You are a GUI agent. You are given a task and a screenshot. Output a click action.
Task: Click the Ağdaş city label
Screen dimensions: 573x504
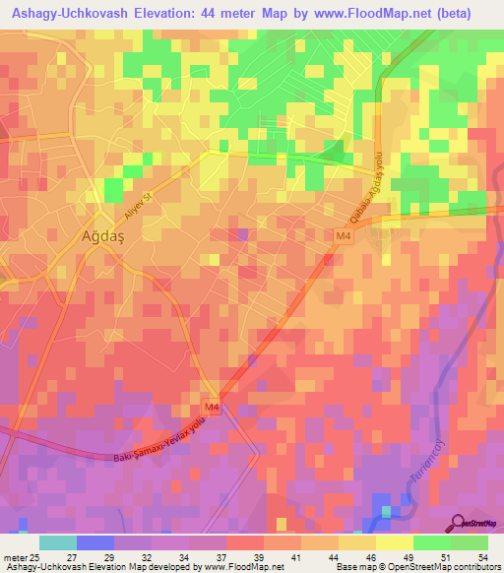(x=101, y=236)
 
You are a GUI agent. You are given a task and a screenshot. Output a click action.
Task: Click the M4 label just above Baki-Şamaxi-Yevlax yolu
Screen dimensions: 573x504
(x=212, y=407)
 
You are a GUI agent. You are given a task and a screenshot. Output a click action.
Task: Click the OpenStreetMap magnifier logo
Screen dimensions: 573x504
(x=458, y=523)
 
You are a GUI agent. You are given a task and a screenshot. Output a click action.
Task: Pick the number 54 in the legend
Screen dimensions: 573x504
(x=481, y=556)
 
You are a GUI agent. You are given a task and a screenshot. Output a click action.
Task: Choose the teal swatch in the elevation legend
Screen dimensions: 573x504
(x=58, y=542)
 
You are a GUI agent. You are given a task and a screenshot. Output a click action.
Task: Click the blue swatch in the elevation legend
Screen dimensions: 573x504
(x=95, y=542)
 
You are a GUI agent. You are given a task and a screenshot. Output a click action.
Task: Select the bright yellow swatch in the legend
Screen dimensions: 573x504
(x=395, y=542)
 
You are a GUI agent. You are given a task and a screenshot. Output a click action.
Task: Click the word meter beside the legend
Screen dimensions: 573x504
(x=14, y=556)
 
